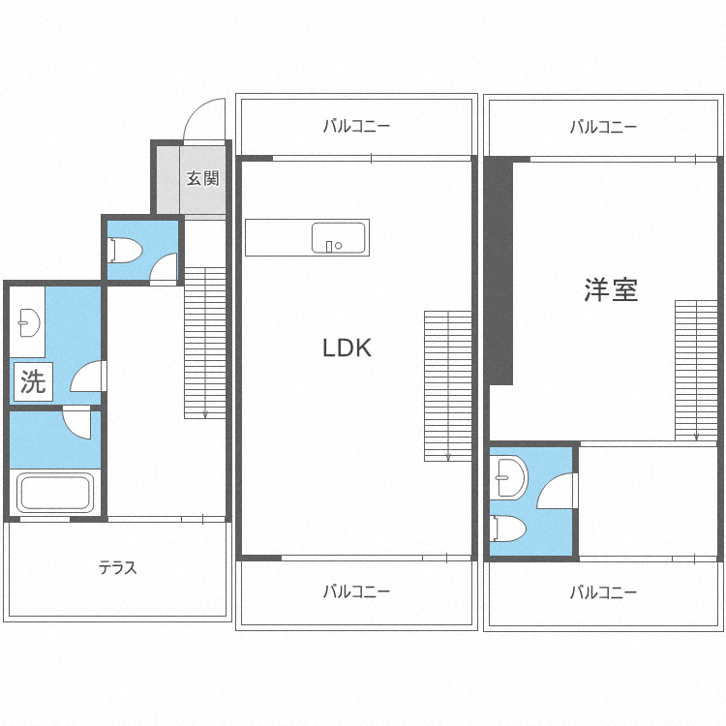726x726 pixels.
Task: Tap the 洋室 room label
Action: (611, 289)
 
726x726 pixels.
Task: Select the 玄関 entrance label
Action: (203, 178)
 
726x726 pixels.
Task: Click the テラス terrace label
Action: (117, 568)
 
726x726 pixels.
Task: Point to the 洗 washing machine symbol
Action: (33, 382)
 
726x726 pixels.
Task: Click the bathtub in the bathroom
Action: (54, 491)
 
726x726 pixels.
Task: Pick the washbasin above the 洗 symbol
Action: (27, 322)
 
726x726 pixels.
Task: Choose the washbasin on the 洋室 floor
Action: (507, 471)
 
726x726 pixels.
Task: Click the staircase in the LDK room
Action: (447, 385)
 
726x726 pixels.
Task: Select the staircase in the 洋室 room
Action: (696, 369)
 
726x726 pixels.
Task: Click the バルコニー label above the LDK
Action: (356, 126)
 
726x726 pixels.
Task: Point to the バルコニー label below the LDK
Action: (356, 591)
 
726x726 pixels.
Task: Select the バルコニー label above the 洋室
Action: (603, 126)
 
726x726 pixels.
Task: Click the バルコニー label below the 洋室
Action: (603, 591)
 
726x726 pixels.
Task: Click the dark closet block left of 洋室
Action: (499, 271)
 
